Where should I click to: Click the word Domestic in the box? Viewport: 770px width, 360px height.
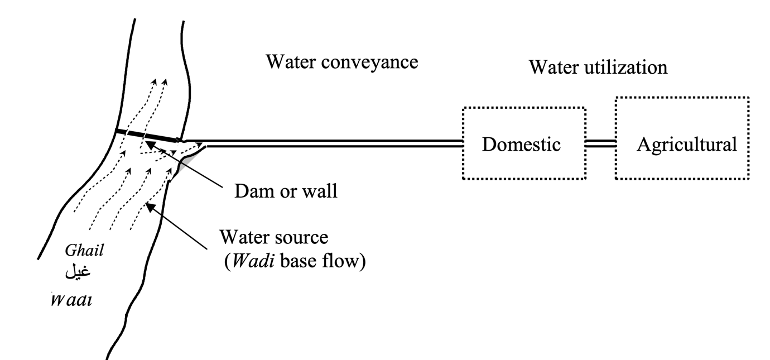521,145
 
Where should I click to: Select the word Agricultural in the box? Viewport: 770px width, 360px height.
686,145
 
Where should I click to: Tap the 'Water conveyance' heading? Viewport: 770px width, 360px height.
341,61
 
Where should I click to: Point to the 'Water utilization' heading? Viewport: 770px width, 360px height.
598,68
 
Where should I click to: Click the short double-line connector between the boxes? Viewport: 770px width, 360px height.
600,143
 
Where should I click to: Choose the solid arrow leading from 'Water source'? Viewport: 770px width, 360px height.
179,224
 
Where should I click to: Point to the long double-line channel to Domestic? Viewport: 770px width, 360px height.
335,143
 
